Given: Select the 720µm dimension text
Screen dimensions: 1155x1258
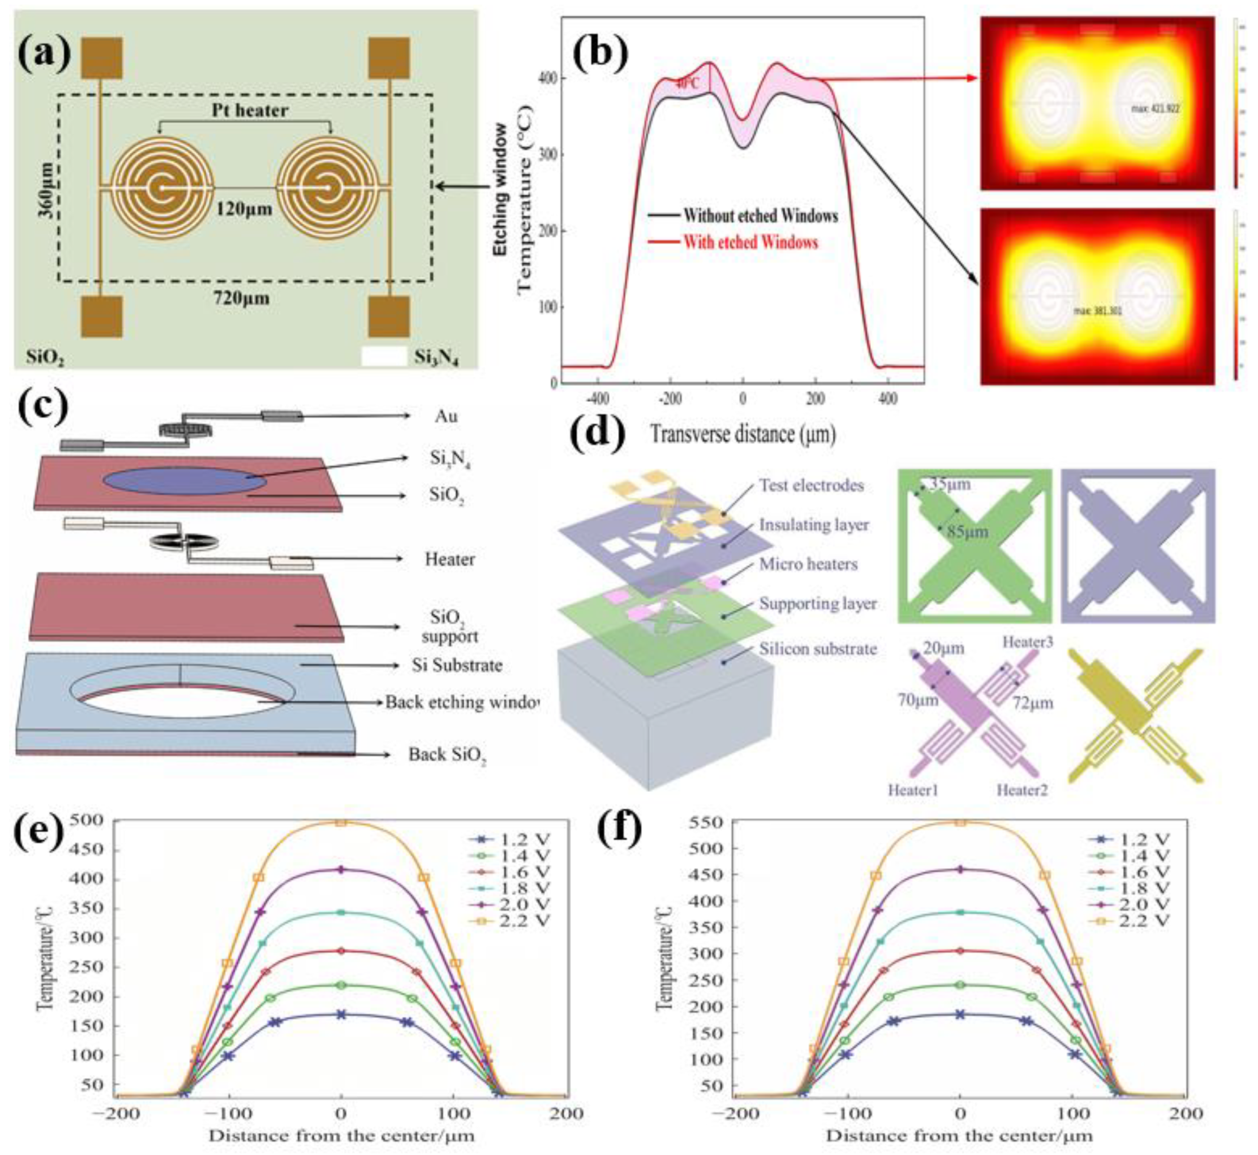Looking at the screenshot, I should click(240, 298).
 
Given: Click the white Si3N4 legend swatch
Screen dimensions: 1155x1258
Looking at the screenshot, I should click(384, 357).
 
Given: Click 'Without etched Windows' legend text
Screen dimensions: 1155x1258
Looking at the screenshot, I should click(760, 216).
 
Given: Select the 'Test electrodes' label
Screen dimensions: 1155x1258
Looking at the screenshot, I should click(811, 485).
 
